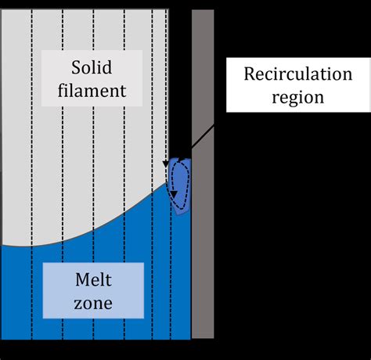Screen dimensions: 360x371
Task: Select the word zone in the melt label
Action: [x=94, y=304]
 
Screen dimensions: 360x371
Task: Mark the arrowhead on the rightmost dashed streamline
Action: [x=167, y=160]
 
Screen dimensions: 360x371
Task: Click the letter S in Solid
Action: [x=74, y=67]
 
